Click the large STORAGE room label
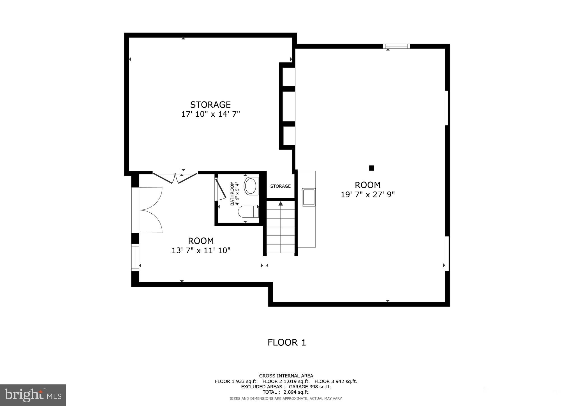(x=210, y=105)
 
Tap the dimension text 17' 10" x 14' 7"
(x=210, y=114)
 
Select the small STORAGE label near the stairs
(x=280, y=186)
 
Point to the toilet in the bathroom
(x=248, y=212)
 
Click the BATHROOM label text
(x=232, y=193)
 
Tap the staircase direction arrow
(x=281, y=204)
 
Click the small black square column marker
(x=371, y=168)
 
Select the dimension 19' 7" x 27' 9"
(x=367, y=195)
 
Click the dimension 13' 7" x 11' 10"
(x=201, y=250)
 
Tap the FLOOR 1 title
(x=286, y=342)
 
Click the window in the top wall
(x=396, y=46)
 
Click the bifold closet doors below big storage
(x=175, y=178)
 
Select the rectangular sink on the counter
(x=309, y=197)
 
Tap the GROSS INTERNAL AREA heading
(x=286, y=376)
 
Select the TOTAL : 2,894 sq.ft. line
(x=286, y=392)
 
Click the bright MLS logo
(x=33, y=395)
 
